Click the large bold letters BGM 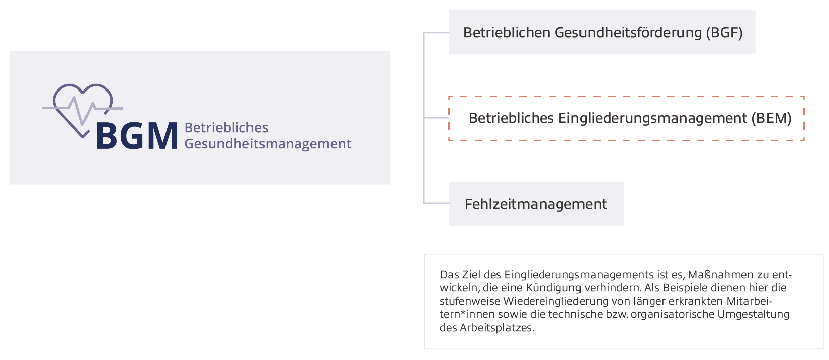click(136, 136)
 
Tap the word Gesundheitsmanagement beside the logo click(268, 144)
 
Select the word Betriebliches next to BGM click(226, 128)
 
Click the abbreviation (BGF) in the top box click(724, 33)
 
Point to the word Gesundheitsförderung click(628, 33)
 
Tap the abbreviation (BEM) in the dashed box click(771, 118)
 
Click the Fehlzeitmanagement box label click(536, 204)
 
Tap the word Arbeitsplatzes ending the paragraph click(496, 328)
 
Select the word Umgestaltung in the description click(754, 315)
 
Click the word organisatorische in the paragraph click(673, 315)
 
